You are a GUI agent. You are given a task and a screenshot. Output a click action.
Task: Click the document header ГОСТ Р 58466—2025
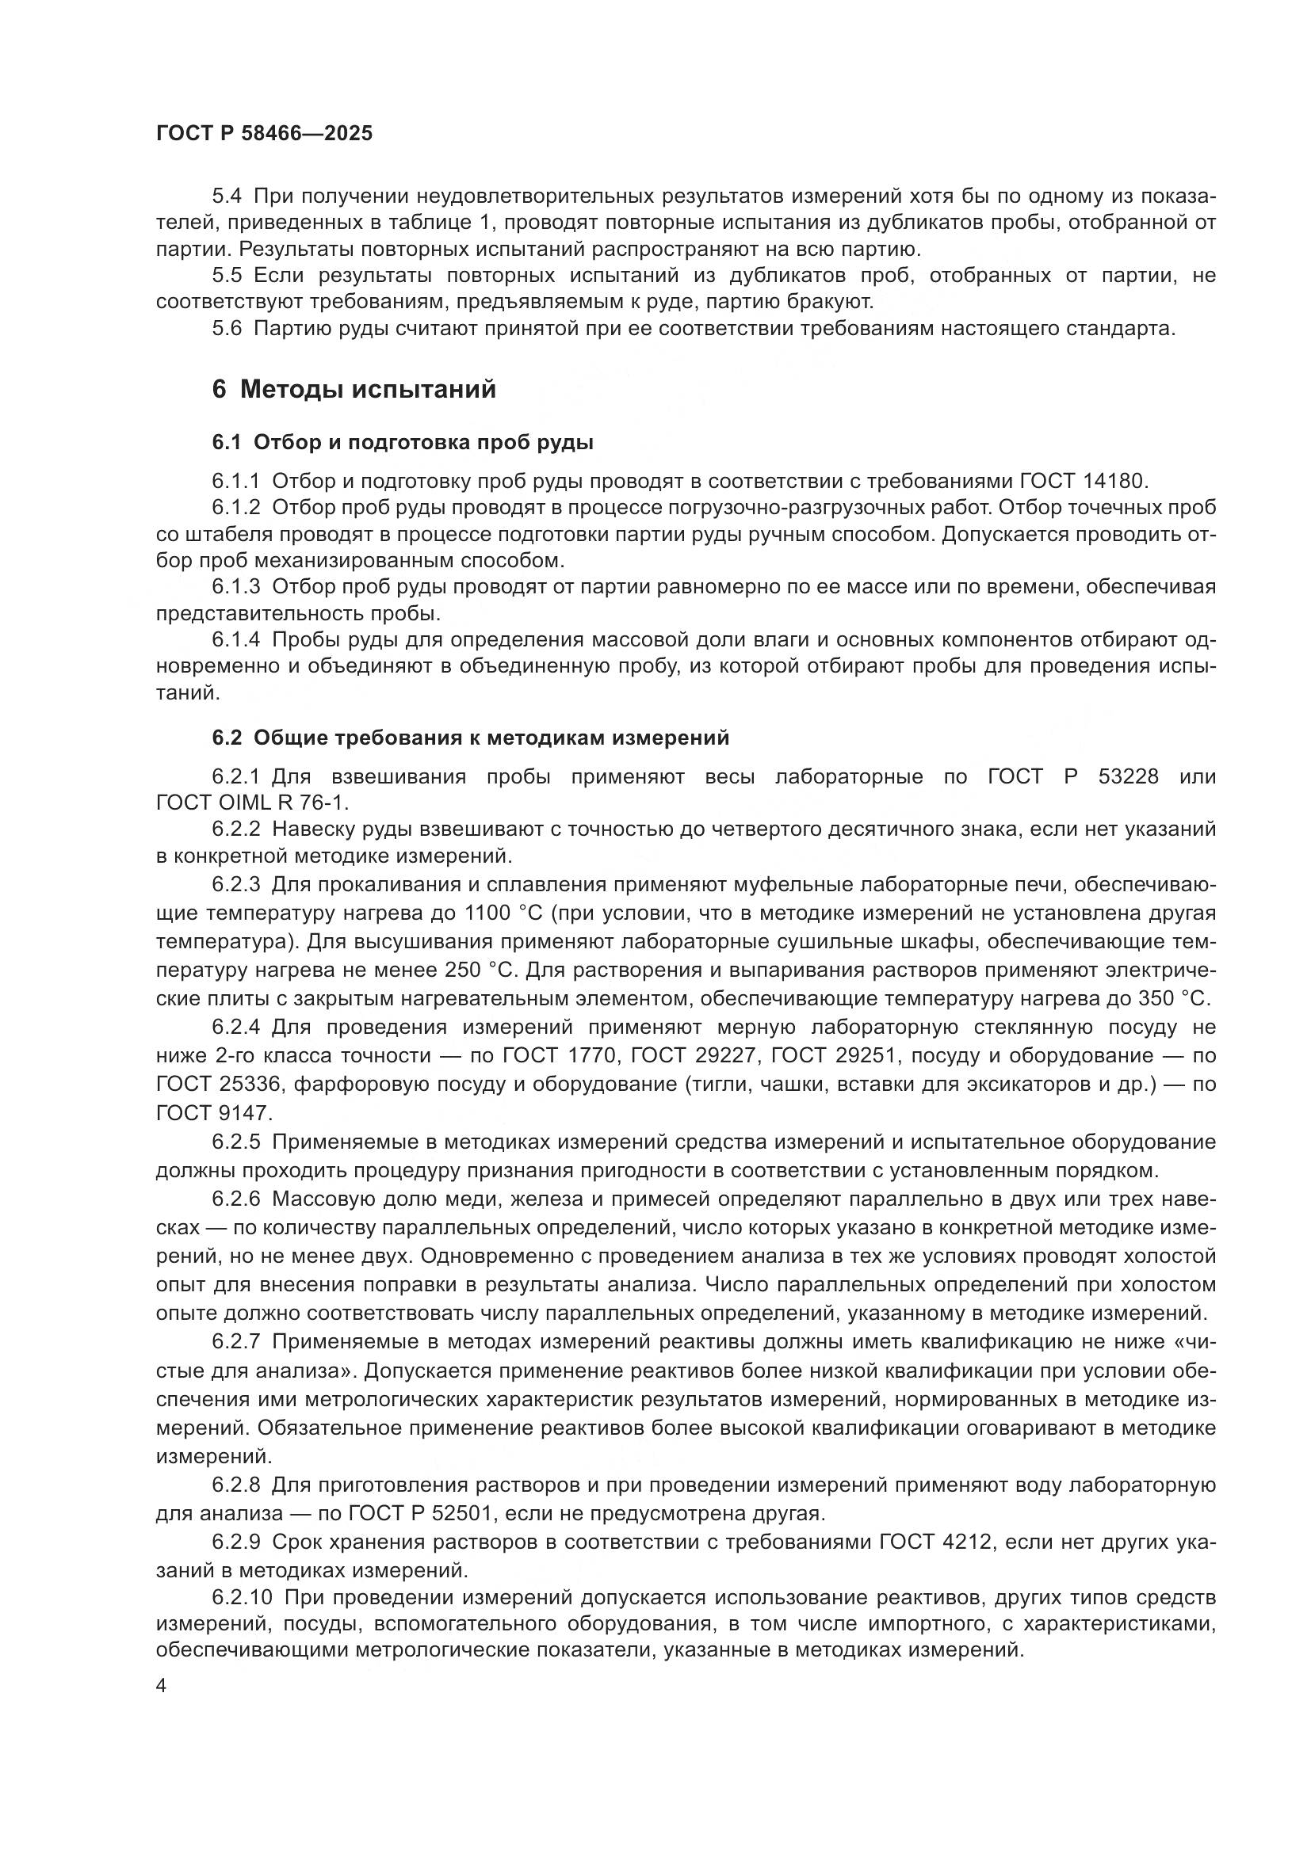coord(264,133)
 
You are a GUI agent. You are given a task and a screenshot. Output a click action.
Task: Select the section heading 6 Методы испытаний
coord(354,390)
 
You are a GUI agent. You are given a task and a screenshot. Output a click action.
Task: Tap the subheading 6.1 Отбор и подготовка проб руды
coord(403,442)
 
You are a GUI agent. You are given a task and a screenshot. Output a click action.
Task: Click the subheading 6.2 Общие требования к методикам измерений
coord(471,737)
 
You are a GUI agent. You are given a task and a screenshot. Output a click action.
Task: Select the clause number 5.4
coord(227,196)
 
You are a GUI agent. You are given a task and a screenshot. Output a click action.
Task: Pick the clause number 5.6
coord(227,329)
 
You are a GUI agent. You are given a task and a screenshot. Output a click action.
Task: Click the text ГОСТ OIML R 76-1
coord(252,803)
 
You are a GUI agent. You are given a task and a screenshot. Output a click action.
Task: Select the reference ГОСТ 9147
coord(213,1113)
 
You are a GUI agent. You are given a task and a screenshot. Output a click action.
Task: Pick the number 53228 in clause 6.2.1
coord(1128,776)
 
